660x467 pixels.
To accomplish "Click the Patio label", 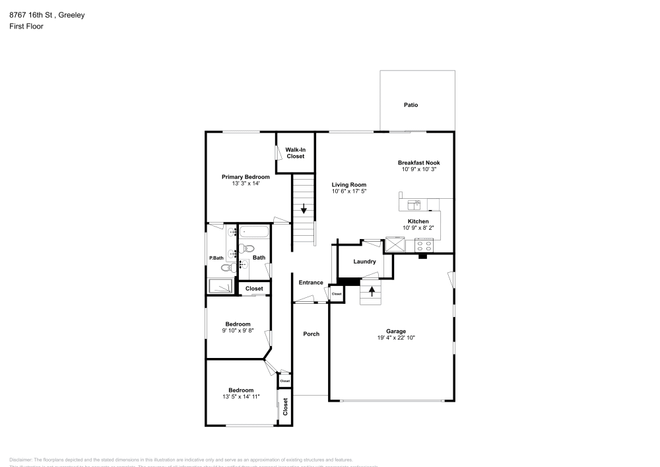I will click(411, 105).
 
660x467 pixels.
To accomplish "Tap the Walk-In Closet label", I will click(295, 153).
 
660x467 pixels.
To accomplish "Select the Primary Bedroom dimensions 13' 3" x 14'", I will click(246, 184).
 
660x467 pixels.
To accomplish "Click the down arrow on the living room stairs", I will click(304, 210).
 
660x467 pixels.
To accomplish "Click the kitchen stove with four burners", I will click(423, 245).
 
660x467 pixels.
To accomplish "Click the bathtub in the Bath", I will click(254, 232).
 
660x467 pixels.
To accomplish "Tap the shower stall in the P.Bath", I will click(220, 286).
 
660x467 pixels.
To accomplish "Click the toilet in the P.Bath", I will click(226, 268).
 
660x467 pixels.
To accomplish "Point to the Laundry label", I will click(364, 262).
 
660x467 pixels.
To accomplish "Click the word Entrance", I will click(311, 283).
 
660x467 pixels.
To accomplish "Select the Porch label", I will click(311, 334).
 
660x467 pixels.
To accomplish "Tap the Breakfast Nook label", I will click(418, 162).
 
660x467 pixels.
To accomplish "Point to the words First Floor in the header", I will click(26, 26).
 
